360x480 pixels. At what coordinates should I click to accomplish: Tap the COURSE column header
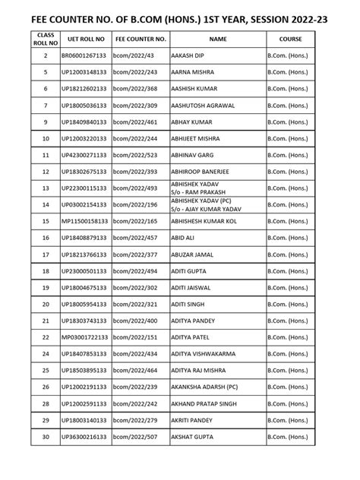[290, 37]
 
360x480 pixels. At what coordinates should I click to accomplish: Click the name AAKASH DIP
[190, 56]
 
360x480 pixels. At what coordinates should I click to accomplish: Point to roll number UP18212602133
[85, 89]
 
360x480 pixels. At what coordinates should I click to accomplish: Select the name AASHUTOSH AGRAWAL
[204, 106]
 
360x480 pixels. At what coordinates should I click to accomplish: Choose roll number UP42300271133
[85, 155]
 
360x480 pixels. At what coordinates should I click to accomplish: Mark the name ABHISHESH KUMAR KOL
[208, 221]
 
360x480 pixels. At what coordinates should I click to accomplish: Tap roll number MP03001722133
[85, 337]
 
